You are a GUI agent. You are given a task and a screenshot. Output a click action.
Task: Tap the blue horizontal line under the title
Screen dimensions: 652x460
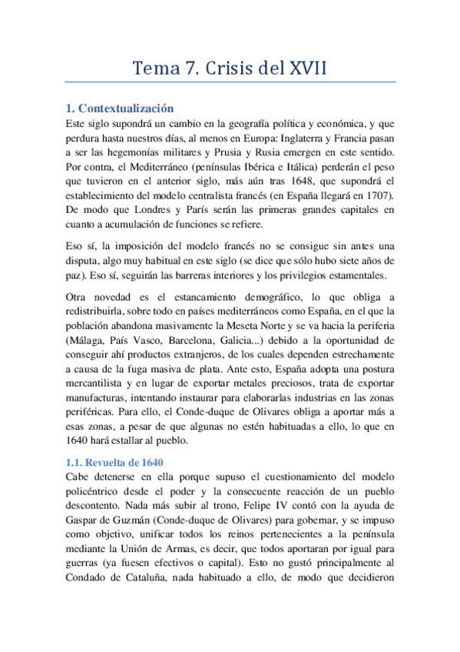(230, 81)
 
